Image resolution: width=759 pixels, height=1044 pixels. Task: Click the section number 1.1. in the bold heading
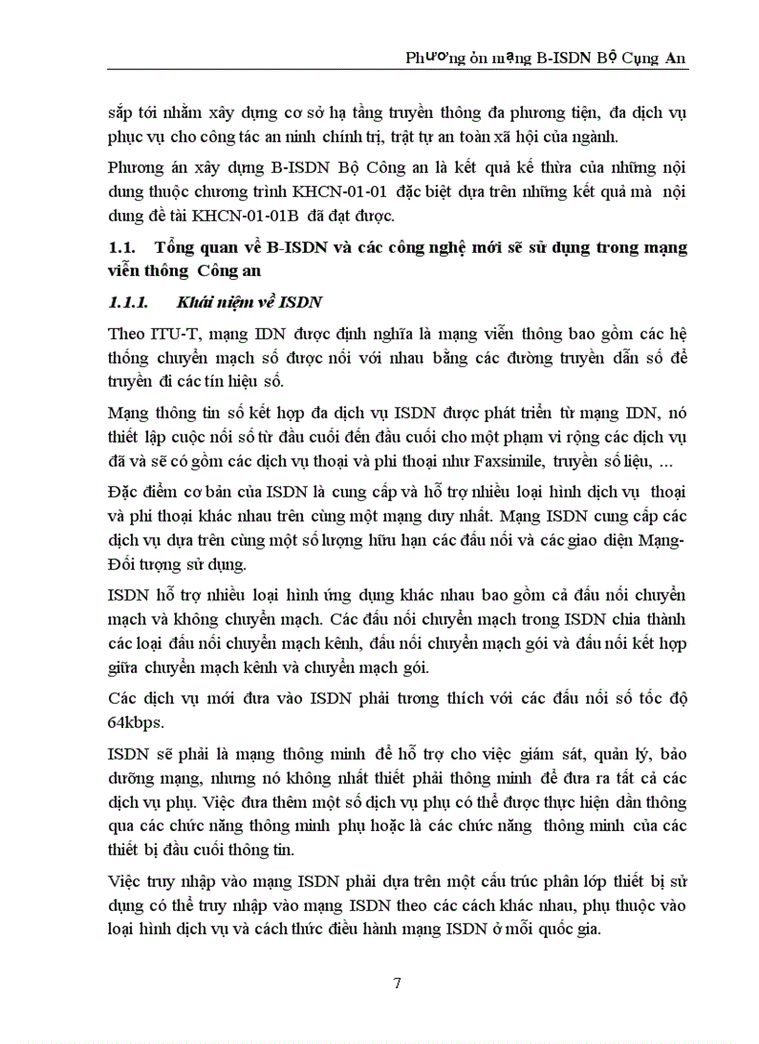[123, 247]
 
